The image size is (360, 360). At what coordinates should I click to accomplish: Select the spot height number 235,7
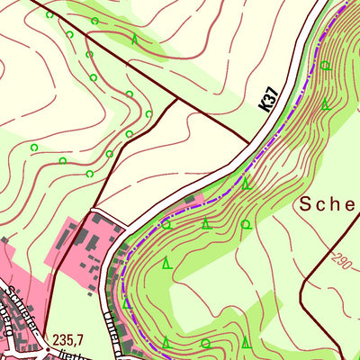pos(67,339)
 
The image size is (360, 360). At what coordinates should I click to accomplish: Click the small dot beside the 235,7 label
pos(42,342)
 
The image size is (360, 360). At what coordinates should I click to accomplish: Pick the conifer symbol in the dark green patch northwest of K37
pos(135,39)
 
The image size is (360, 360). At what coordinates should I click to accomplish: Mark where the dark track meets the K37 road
pos(249,142)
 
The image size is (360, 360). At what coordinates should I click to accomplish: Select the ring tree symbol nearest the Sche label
pos(245,224)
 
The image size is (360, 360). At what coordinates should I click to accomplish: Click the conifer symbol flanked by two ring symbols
pos(206,222)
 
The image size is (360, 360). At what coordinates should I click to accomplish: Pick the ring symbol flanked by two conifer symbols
pos(205,343)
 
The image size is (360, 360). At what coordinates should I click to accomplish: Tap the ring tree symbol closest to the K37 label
pos(325,66)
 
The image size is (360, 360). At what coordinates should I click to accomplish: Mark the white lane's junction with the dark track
pos(94,212)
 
